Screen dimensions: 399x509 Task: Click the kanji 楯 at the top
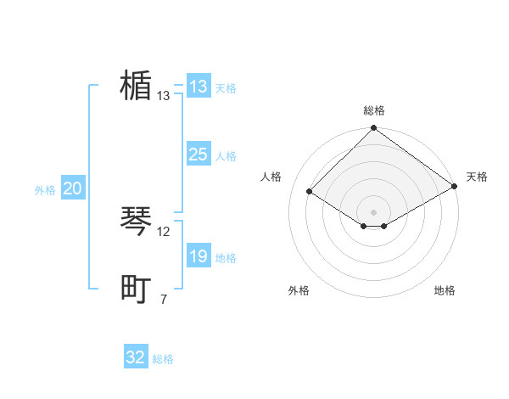136,86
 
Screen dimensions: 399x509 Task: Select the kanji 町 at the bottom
136,289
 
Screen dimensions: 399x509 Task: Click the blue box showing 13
198,87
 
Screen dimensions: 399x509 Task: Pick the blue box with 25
198,155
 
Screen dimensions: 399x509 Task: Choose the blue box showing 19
198,256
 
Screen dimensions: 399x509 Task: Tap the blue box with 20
72,188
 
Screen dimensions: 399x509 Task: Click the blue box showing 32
136,357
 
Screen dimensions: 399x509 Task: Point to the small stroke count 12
164,231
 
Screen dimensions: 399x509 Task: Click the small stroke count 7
164,299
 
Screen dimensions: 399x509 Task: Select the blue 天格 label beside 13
226,88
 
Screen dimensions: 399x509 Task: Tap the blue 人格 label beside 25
226,156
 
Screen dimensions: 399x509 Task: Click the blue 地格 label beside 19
226,258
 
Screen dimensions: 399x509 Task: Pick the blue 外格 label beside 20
45,191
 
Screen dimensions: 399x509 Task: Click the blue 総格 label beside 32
163,360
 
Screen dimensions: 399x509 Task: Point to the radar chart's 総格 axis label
373,110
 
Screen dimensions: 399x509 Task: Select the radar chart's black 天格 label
477,177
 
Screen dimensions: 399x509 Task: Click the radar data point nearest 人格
310,192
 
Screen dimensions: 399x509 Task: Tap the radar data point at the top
373,129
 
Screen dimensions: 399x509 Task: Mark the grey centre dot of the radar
373,211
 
